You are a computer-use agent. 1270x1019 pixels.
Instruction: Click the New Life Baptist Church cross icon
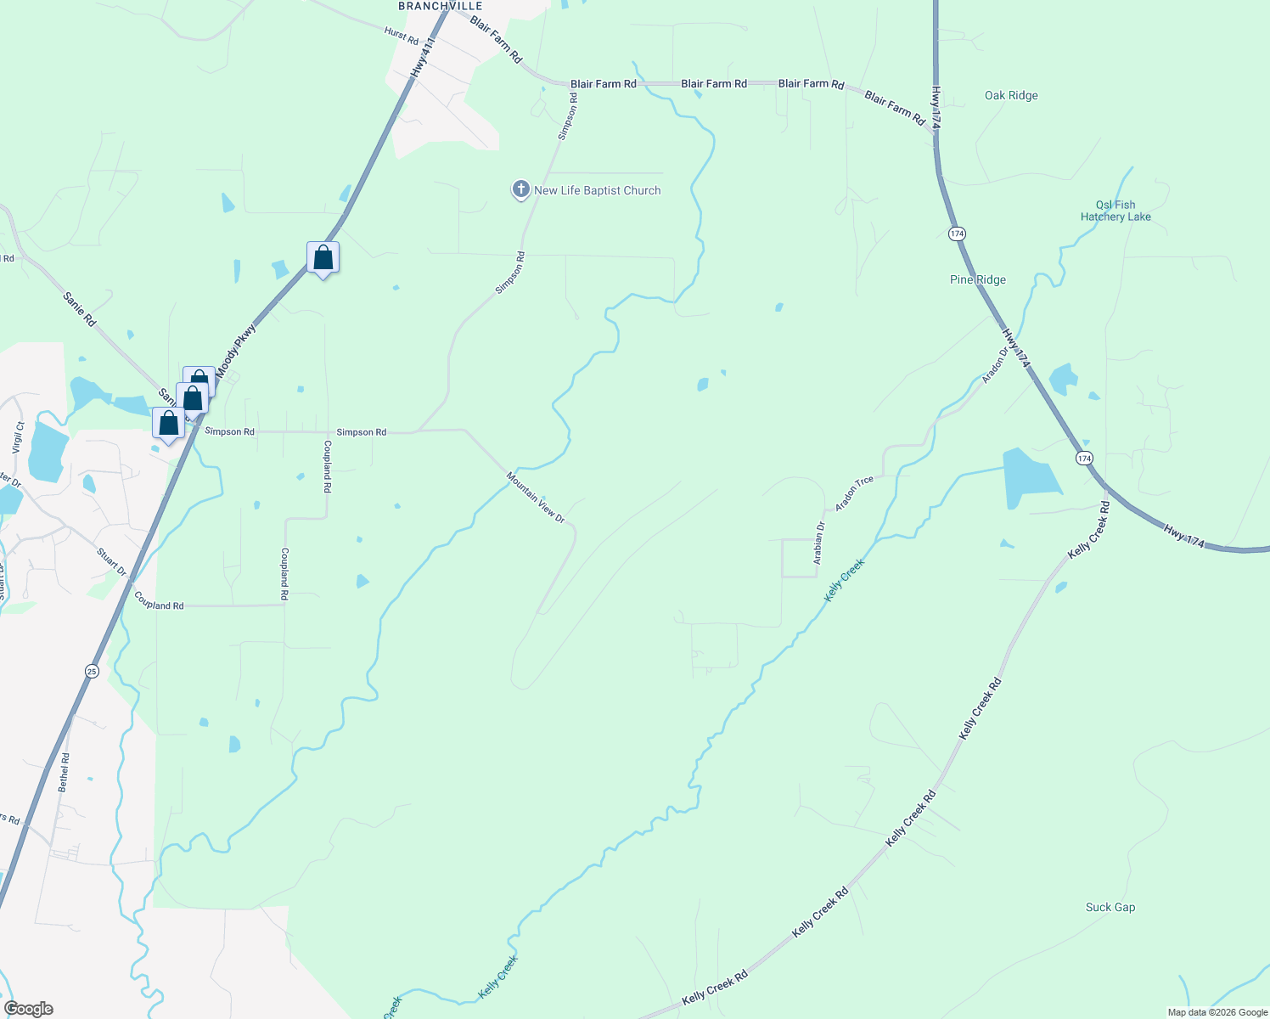coord(520,189)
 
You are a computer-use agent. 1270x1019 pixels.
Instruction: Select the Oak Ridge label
coord(1011,95)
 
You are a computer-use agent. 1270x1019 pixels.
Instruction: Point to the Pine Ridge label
coord(978,279)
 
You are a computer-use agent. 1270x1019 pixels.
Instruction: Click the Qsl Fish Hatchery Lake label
coord(1115,211)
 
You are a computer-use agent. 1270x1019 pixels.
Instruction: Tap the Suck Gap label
coord(1110,907)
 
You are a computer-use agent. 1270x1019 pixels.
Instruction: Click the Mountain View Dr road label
coord(536,497)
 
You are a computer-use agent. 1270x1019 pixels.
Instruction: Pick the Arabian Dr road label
coord(819,543)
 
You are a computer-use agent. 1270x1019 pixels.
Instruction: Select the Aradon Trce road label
coord(854,493)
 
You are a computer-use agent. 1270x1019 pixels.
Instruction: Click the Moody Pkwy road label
coord(235,350)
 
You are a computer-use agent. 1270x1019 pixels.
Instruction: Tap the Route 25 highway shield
coord(92,671)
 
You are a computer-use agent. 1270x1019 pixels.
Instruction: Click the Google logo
coord(29,1009)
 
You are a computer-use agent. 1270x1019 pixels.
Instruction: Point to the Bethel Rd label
coord(64,772)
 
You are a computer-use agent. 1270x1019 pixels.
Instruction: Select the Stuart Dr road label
coord(111,562)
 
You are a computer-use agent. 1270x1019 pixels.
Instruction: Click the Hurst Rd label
coord(402,36)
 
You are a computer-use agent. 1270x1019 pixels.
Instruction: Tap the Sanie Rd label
coord(79,309)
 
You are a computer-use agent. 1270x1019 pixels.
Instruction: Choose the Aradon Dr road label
coord(994,365)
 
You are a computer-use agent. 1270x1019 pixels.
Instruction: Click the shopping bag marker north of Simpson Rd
coord(323,256)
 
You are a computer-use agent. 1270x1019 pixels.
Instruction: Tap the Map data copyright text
coord(1217,1012)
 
